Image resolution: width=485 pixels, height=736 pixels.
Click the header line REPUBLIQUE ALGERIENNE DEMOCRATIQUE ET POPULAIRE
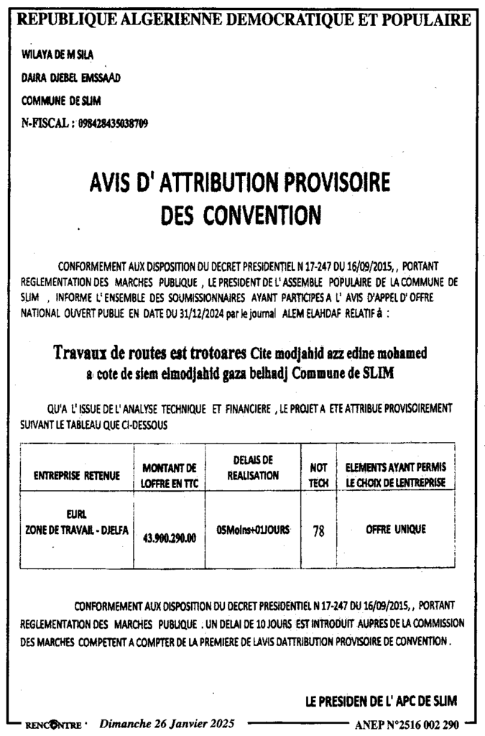[x=243, y=19]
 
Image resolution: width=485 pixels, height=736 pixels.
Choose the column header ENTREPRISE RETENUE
[x=75, y=476]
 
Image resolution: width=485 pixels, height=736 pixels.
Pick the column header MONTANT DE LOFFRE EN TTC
[x=170, y=475]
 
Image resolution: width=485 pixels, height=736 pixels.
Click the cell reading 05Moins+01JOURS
[x=253, y=530]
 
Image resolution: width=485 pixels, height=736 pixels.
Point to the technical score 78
[x=318, y=532]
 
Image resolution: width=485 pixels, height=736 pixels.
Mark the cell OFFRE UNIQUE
[x=395, y=529]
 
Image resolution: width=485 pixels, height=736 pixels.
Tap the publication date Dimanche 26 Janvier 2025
[x=166, y=723]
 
